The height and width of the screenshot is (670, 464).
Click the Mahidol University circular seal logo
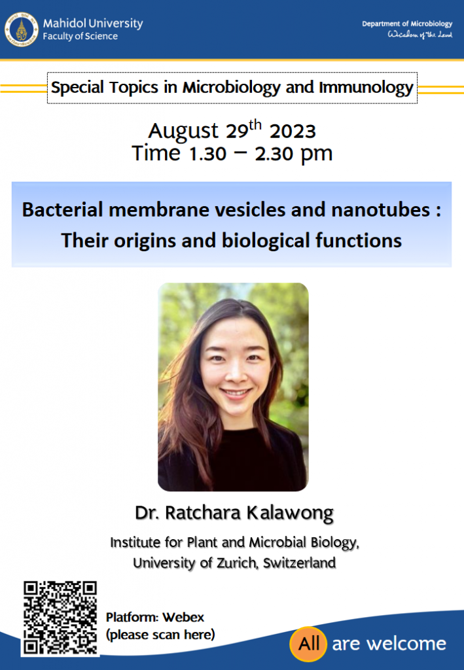[x=22, y=29]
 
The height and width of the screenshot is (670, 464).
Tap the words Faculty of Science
[x=80, y=37]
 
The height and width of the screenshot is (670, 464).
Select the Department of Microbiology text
[x=407, y=24]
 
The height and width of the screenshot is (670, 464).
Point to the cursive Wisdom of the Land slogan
[x=420, y=35]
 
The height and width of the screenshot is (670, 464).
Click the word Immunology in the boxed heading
[x=366, y=88]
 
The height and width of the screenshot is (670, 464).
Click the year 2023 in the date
[x=293, y=131]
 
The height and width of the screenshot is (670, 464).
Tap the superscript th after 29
[x=255, y=125]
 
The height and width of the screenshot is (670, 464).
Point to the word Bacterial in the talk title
[x=63, y=210]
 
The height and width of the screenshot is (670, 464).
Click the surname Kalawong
[x=290, y=513]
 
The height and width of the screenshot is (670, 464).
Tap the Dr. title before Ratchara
[x=147, y=513]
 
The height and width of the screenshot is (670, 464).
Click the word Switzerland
[x=299, y=563]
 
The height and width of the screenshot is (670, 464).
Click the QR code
[x=60, y=618]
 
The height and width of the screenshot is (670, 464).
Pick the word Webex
[x=183, y=618]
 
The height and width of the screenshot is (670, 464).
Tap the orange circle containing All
[x=308, y=644]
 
